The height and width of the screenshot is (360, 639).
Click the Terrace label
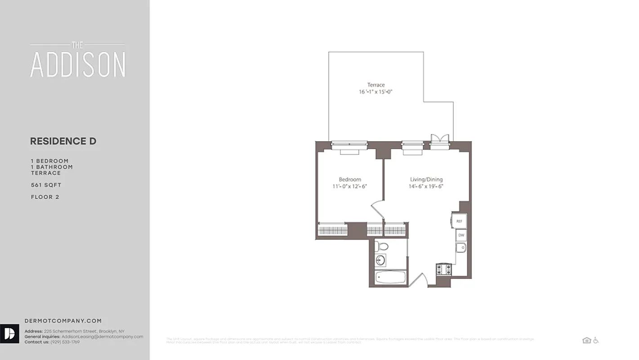tap(376, 85)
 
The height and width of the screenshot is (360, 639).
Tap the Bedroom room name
tap(350, 179)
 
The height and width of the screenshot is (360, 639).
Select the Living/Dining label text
tap(426, 179)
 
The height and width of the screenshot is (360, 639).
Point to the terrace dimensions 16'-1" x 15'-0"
tap(376, 92)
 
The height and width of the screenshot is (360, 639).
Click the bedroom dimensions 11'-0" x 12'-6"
tap(350, 186)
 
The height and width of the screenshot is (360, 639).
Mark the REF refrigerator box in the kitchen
tap(459, 221)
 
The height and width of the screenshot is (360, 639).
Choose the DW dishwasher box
tap(461, 235)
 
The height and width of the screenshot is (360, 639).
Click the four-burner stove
tap(443, 270)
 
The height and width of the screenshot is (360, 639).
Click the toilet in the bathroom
tap(382, 247)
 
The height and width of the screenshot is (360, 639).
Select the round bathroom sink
tap(381, 260)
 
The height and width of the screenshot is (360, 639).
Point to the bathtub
tap(391, 277)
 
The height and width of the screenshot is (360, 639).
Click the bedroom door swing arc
tap(377, 210)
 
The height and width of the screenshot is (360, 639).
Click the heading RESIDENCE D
tap(63, 141)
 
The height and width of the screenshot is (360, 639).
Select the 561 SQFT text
tap(46, 185)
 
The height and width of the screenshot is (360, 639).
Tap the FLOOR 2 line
tap(45, 197)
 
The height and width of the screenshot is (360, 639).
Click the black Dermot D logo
tap(9, 333)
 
